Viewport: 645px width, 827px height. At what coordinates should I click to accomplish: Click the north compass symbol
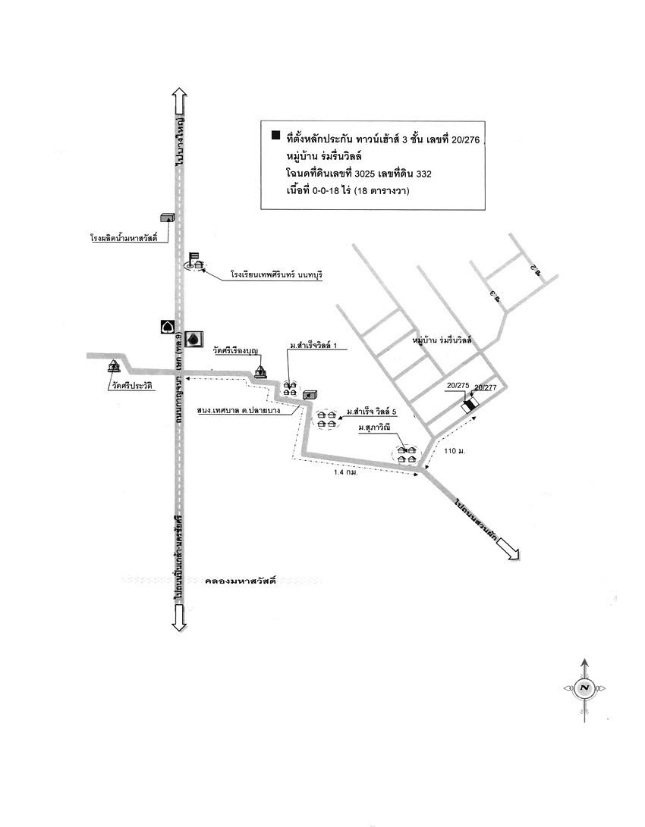click(584, 688)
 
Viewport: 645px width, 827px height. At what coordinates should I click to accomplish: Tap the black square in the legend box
click(275, 136)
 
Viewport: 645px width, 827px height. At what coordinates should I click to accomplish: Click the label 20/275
click(458, 386)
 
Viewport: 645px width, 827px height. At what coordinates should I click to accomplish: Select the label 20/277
click(485, 388)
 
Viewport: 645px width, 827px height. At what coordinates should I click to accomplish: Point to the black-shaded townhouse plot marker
click(470, 406)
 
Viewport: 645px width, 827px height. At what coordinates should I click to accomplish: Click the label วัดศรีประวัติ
click(131, 386)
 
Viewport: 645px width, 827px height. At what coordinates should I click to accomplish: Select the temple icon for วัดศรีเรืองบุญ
click(261, 371)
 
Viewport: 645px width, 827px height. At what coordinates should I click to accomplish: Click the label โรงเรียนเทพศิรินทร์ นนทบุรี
click(277, 274)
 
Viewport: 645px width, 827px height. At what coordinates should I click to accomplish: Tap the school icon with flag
click(197, 262)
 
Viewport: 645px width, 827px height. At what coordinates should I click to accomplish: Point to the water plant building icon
click(168, 218)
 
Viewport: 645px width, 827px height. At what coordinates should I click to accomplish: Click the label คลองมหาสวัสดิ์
click(239, 582)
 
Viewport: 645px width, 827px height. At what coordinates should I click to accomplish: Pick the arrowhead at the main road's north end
click(179, 96)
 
